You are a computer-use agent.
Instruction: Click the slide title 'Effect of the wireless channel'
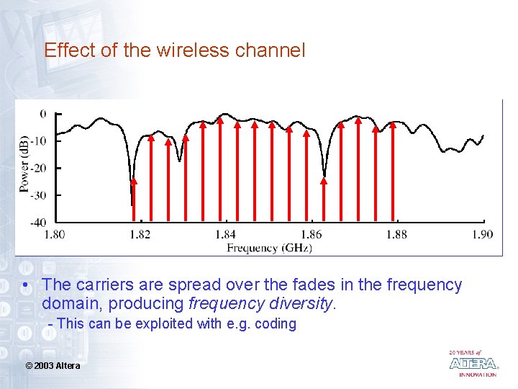click(174, 50)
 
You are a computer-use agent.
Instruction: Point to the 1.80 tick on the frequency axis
click(55, 233)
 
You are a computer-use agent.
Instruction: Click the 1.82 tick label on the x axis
click(140, 233)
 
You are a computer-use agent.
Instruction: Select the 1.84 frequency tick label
click(225, 233)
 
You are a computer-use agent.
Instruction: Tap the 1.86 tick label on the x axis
click(311, 233)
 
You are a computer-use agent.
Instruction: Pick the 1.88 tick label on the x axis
click(396, 233)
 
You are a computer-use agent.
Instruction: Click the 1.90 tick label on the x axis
click(482, 233)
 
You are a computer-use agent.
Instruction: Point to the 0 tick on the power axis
click(43, 114)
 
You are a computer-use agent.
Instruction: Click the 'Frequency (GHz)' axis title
click(270, 248)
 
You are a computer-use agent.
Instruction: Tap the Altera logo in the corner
click(473, 363)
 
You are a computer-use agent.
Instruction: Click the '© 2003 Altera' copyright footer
click(53, 366)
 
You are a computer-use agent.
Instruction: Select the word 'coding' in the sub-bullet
click(276, 324)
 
